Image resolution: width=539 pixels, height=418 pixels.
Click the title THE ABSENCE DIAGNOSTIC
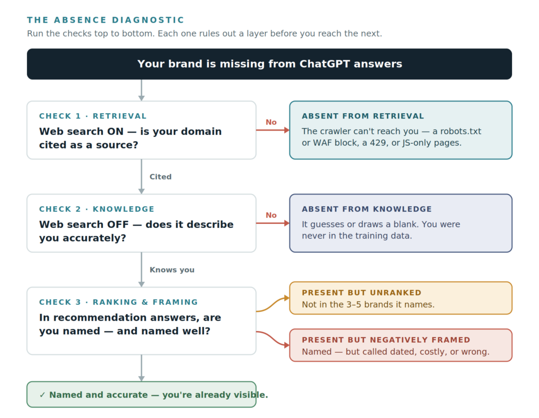tap(105, 20)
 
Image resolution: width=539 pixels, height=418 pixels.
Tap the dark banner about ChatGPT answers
tap(269, 64)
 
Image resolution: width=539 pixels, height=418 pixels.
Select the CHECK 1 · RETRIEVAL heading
tap(93, 116)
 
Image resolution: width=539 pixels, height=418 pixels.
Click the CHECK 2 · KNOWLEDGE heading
tap(97, 209)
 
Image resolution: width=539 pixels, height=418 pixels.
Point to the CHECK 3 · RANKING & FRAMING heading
tap(118, 302)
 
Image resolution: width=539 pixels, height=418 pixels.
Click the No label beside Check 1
tap(271, 122)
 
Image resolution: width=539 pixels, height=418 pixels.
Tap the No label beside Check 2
tap(271, 215)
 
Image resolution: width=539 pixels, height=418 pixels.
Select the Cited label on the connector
tap(161, 177)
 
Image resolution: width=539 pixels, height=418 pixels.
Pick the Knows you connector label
tap(172, 270)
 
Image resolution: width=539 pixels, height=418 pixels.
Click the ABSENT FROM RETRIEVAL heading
tap(363, 116)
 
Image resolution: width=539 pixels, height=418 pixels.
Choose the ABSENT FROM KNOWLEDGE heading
tap(367, 209)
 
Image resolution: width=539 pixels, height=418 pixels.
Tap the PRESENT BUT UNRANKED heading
tap(362, 293)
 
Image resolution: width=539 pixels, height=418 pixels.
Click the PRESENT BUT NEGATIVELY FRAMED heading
tap(386, 340)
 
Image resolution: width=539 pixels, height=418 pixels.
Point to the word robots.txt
tap(461, 131)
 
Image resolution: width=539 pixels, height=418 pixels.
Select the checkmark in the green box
tap(42, 395)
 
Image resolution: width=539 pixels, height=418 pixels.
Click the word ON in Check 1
tap(115, 131)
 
